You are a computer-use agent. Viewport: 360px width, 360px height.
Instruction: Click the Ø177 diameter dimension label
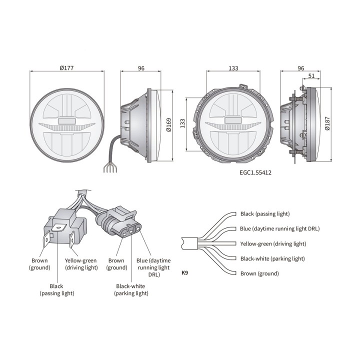pyautogui.click(x=66, y=68)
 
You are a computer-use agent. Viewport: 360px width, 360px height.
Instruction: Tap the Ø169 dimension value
pyautogui.click(x=169, y=124)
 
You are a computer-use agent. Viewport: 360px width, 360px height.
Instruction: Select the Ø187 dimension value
pyautogui.click(x=327, y=123)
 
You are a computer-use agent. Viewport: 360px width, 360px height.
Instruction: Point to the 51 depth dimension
pyautogui.click(x=311, y=76)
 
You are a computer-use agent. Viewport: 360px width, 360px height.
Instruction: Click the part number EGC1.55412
pyautogui.click(x=255, y=172)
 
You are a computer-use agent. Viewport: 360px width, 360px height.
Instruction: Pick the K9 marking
pyautogui.click(x=185, y=273)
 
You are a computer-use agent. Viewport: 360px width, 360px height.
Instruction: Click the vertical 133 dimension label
pyautogui.click(x=182, y=123)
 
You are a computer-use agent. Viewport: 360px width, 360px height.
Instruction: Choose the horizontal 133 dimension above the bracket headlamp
pyautogui.click(x=233, y=68)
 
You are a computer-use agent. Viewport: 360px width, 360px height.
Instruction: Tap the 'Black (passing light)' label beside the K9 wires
pyautogui.click(x=265, y=214)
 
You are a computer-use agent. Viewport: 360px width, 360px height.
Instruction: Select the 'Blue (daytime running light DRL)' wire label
pyautogui.click(x=279, y=228)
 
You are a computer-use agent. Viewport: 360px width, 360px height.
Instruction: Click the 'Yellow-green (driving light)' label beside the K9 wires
pyautogui.click(x=273, y=244)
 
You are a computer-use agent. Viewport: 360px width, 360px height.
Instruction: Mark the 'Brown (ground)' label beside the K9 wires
pyautogui.click(x=259, y=273)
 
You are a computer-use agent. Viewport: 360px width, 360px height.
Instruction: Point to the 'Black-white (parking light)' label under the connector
pyautogui.click(x=131, y=289)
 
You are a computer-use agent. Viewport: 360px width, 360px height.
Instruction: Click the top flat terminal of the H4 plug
pyautogui.click(x=58, y=228)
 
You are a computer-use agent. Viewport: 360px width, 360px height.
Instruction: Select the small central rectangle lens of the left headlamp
pyautogui.click(x=67, y=121)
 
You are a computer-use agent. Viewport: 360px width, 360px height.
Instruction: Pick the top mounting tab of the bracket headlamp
pyautogui.click(x=243, y=86)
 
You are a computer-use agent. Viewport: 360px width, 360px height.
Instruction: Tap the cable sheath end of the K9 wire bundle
pyautogui.click(x=189, y=243)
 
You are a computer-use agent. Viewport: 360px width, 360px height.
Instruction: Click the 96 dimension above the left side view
pyautogui.click(x=141, y=68)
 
